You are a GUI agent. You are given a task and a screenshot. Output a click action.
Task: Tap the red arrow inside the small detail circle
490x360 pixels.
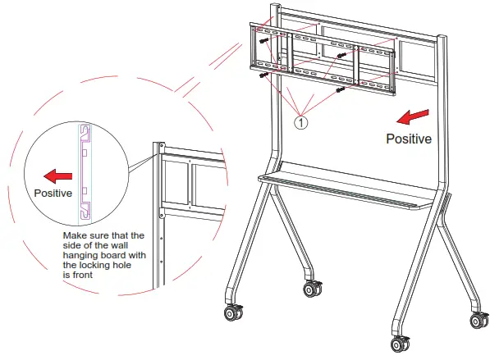coord(57,175)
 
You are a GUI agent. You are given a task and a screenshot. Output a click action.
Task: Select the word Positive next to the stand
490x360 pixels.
coord(409,139)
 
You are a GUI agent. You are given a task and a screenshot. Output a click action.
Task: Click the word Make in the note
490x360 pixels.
coord(76,235)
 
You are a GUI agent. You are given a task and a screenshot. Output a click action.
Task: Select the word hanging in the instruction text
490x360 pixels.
coord(80,255)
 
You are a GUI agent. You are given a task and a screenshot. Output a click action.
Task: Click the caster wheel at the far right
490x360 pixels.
coord(476,320)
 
